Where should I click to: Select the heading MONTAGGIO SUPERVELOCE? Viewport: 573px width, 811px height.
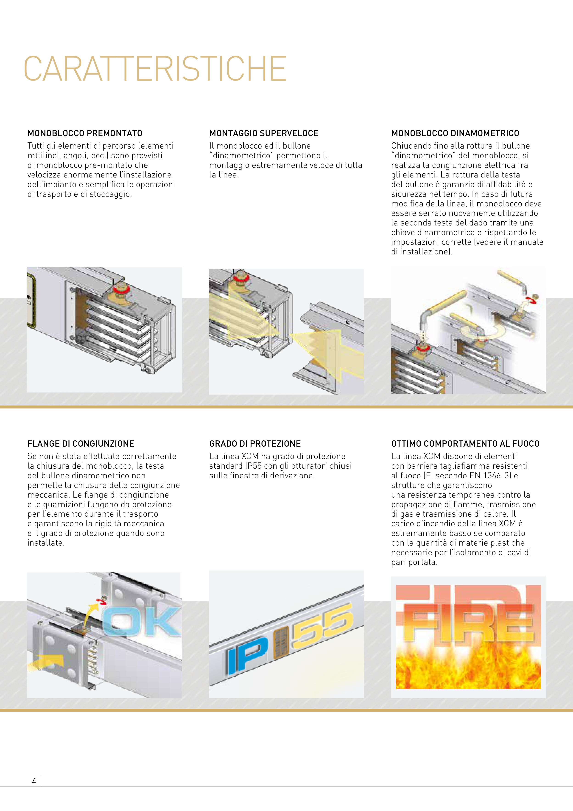pyautogui.click(x=264, y=133)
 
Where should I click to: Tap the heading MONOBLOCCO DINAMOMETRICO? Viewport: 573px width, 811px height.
pyautogui.click(x=455, y=133)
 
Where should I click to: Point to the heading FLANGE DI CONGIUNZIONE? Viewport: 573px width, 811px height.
pyautogui.click(x=81, y=444)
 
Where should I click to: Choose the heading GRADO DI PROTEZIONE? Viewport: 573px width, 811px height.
pyautogui.click(x=255, y=444)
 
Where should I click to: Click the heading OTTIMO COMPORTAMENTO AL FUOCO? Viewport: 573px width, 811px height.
pyautogui.click(x=465, y=444)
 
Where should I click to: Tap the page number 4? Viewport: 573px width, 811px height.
pyautogui.click(x=34, y=781)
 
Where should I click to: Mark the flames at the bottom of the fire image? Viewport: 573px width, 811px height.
pyautogui.click(x=468, y=667)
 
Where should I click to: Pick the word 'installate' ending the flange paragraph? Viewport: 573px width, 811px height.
pyautogui.click(x=46, y=543)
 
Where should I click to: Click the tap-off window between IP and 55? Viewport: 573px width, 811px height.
pyautogui.click(x=280, y=644)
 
